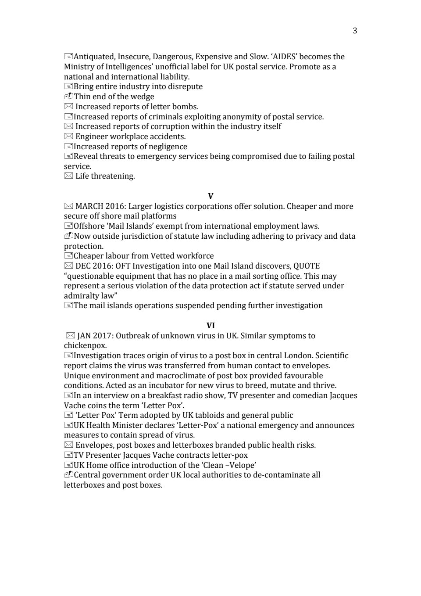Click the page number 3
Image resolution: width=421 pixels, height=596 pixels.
pyautogui.click(x=355, y=30)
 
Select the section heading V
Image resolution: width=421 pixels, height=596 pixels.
pyautogui.click(x=210, y=196)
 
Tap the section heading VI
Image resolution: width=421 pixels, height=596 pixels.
pyautogui.click(x=210, y=326)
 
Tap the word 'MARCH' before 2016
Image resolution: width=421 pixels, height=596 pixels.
pyautogui.click(x=89, y=206)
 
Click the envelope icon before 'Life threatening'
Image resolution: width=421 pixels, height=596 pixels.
pyautogui.click(x=68, y=176)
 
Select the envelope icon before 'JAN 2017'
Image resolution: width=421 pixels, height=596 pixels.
pyautogui.click(x=70, y=336)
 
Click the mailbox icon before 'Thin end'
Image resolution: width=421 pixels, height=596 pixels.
pyautogui.click(x=68, y=97)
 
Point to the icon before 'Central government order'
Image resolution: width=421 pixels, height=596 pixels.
pyautogui.click(x=68, y=475)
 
